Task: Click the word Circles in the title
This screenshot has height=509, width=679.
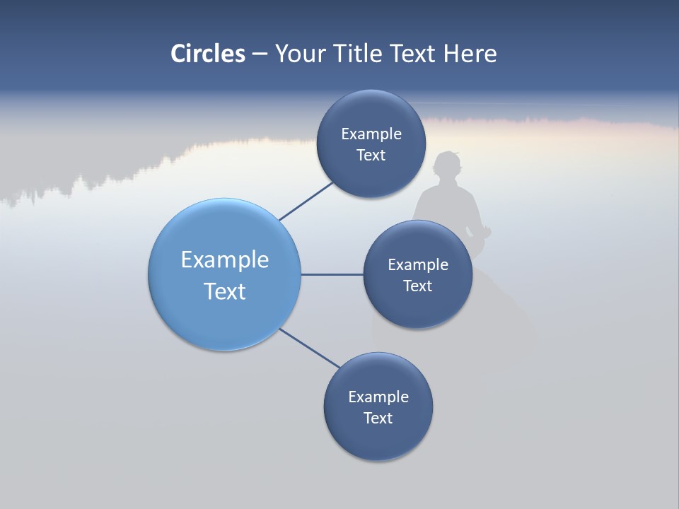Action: [208, 54]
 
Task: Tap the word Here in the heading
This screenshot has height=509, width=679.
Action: [470, 54]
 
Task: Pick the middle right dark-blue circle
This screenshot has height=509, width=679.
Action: [417, 311]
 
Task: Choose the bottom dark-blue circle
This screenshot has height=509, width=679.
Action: [378, 438]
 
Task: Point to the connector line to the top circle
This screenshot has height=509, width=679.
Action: [307, 201]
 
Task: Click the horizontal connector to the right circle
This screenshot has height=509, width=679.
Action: [332, 274]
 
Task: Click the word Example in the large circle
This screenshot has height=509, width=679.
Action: [225, 260]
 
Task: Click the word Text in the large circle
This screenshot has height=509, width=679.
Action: [225, 291]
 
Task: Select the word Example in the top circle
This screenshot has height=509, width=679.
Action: [371, 134]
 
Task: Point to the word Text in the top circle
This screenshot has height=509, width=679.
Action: [371, 156]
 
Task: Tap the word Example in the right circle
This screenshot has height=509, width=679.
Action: [418, 265]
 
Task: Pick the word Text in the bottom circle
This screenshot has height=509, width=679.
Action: [378, 419]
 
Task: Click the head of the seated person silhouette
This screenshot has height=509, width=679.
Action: [448, 167]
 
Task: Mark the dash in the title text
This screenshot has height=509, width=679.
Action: [260, 54]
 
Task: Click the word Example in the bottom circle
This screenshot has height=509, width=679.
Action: [378, 397]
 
